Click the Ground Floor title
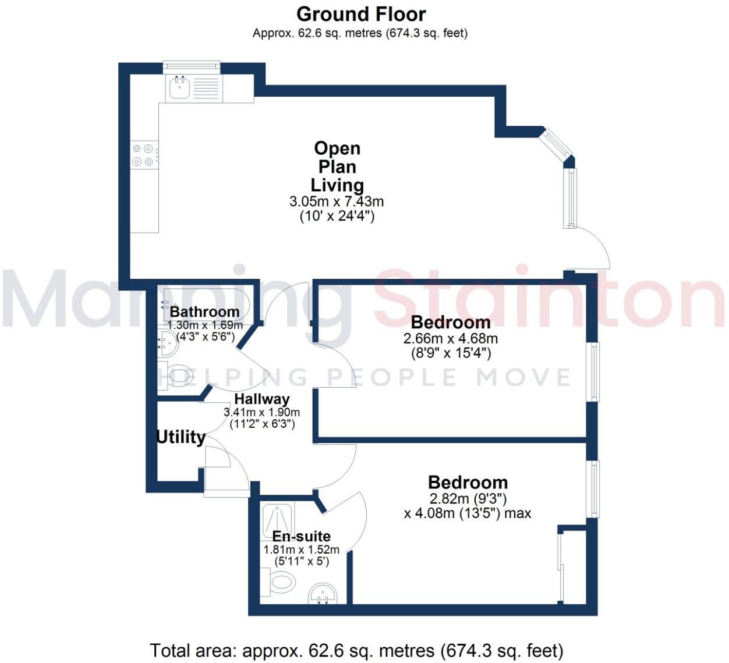click(x=361, y=14)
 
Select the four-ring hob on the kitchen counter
click(x=143, y=155)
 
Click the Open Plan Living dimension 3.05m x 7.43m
click(x=337, y=202)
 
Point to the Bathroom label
click(x=204, y=311)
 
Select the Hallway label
click(x=261, y=399)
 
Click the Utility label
click(x=181, y=437)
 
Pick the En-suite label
click(x=301, y=536)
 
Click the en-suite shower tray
click(x=278, y=517)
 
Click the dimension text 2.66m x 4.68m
click(x=450, y=338)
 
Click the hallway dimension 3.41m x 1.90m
click(x=261, y=412)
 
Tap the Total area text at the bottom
click(x=356, y=650)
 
